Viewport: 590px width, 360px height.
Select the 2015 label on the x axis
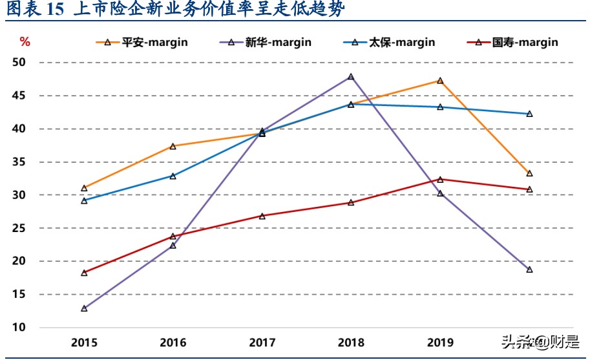click(84, 342)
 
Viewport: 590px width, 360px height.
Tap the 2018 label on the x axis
click(351, 342)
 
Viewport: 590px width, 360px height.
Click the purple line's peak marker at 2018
click(351, 77)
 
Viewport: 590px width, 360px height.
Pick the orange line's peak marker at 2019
click(440, 81)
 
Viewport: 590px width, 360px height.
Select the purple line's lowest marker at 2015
click(84, 308)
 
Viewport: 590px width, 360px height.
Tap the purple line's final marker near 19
click(529, 270)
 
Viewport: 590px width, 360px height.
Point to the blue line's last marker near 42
click(529, 114)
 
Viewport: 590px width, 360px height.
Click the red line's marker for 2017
click(262, 216)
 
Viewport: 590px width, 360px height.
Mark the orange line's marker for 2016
click(173, 146)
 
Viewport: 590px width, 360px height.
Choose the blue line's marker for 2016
click(173, 176)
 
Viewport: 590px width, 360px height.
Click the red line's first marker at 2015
click(84, 273)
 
